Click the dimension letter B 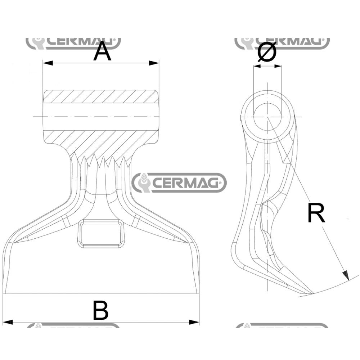click(x=100, y=311)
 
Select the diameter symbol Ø click(x=267, y=52)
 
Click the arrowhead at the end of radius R click(x=346, y=275)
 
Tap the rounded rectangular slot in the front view click(x=101, y=233)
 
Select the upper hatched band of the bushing click(x=101, y=96)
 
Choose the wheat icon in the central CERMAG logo click(x=143, y=183)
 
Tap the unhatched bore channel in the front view click(x=101, y=116)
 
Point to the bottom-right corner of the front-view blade click(x=199, y=293)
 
